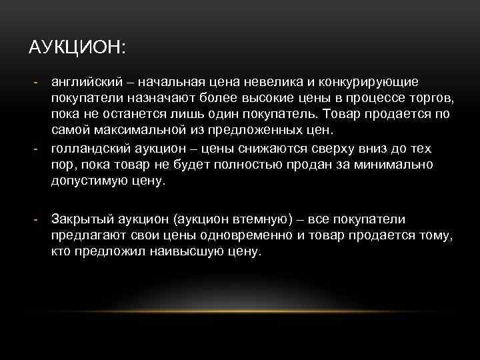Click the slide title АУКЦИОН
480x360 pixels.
(78, 49)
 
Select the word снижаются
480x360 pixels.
(259, 149)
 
